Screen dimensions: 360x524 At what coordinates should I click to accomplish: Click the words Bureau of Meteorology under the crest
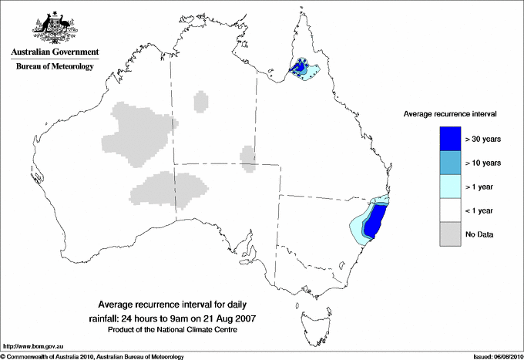54,67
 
